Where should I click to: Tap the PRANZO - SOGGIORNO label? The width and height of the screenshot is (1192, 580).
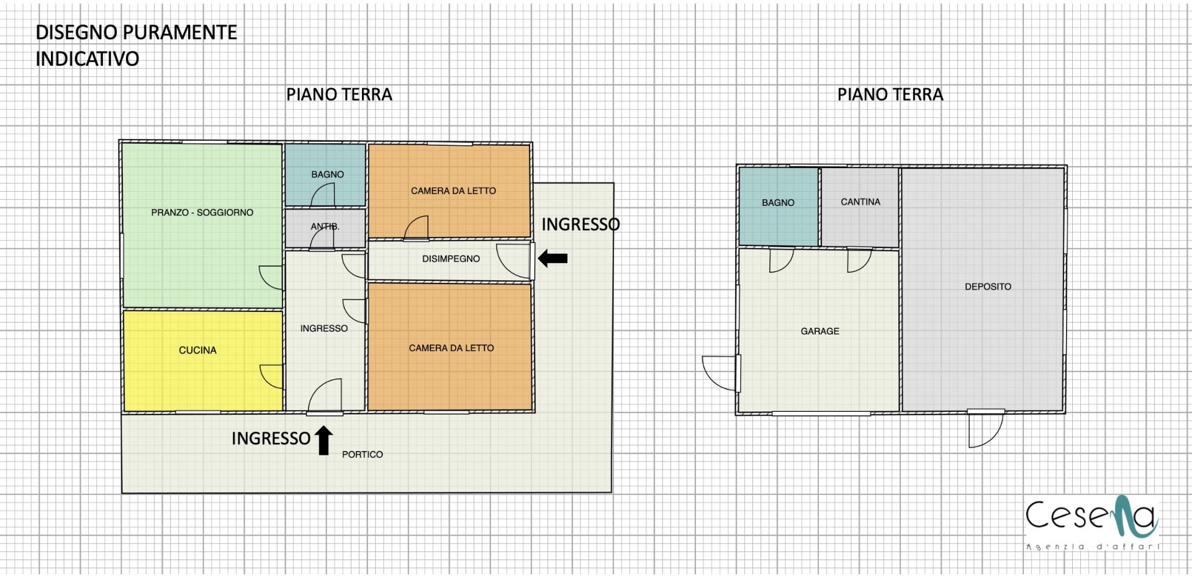point(202,212)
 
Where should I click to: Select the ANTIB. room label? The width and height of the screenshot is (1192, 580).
point(325,226)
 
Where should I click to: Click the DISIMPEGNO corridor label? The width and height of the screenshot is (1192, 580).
point(451,259)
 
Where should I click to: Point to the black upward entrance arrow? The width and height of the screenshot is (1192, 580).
point(323,440)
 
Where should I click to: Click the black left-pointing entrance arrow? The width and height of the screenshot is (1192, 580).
point(553,258)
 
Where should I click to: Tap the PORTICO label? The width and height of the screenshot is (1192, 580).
point(363,454)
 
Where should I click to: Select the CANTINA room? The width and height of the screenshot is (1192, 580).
point(860,207)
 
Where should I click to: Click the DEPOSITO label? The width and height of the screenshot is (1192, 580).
point(988,287)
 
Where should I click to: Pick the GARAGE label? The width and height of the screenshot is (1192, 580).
point(820,331)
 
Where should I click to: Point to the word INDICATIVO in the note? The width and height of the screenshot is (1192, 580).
point(88,59)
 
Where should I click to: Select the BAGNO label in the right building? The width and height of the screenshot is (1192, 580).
point(778,203)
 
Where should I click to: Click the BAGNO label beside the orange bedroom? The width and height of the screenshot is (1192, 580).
point(327,174)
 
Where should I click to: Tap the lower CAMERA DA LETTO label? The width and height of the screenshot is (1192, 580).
point(451,348)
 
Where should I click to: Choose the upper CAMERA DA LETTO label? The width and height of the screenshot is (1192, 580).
point(453,191)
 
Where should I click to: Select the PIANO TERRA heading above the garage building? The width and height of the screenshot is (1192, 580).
point(890,94)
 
